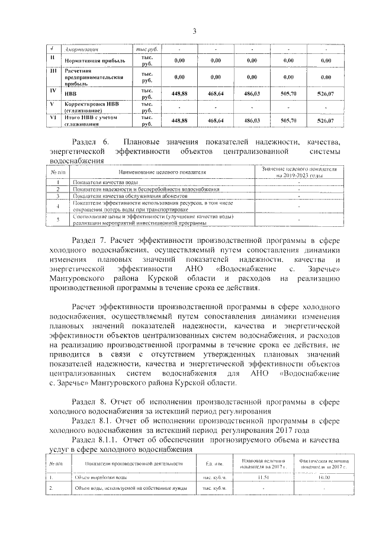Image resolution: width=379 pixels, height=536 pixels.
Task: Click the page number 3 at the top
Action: click(x=194, y=31)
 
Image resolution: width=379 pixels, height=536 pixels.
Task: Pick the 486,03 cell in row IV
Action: click(x=252, y=94)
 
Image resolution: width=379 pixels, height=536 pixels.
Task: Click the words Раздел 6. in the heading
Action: click(x=88, y=142)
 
